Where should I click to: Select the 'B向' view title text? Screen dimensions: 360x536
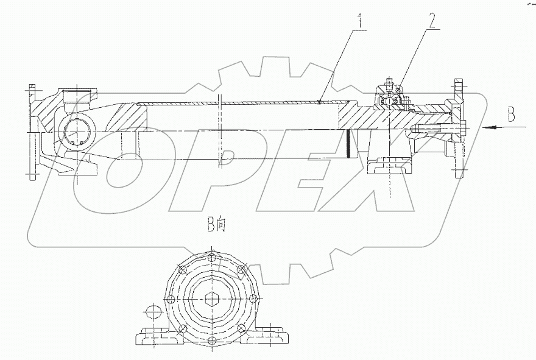pyautogui.click(x=216, y=226)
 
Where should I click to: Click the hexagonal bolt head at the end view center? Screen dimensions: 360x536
pyautogui.click(x=212, y=299)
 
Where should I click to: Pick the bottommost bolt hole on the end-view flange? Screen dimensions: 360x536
pyautogui.click(x=212, y=341)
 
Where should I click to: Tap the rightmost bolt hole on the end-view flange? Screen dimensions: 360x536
pyautogui.click(x=253, y=298)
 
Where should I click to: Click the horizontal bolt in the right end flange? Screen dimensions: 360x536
pyautogui.click(x=435, y=129)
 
